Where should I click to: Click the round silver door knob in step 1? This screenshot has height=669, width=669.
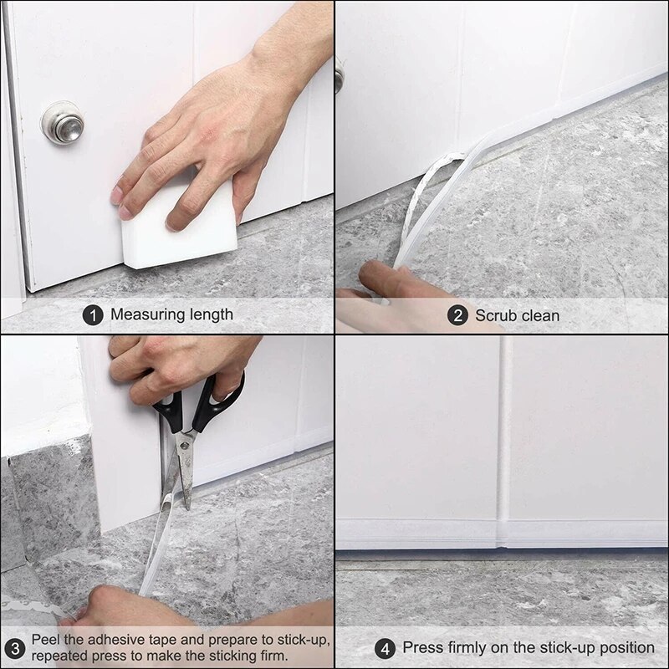click(x=63, y=123)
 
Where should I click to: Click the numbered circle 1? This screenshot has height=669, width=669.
click(x=94, y=314)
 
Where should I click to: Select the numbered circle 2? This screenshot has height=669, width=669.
click(x=457, y=315)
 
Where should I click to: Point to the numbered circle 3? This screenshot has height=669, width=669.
click(x=14, y=647)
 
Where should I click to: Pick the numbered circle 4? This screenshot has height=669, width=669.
click(x=386, y=647)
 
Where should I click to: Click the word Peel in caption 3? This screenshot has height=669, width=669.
click(x=46, y=640)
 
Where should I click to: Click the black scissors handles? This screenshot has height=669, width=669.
click(x=201, y=408)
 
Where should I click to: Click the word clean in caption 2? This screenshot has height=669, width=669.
click(x=540, y=315)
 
